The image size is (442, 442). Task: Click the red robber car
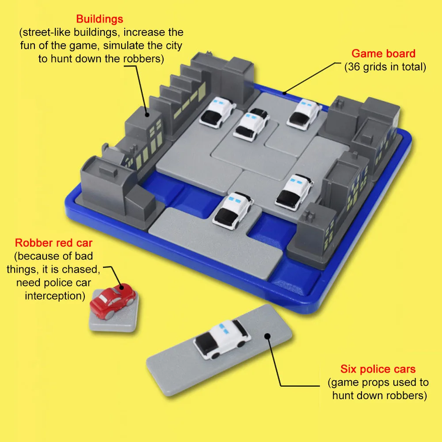(x=113, y=301)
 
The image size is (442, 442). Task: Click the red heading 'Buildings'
(x=99, y=19)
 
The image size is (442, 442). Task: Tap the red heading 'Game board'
(x=383, y=53)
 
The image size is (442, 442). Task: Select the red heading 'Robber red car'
(x=53, y=243)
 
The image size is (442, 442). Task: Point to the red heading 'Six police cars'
(x=378, y=369)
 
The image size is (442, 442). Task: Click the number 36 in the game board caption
(x=354, y=67)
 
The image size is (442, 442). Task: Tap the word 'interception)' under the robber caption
(x=55, y=296)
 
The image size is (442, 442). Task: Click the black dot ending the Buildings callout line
(x=147, y=115)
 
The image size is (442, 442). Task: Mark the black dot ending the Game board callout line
(x=285, y=93)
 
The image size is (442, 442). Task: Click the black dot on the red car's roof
(x=122, y=287)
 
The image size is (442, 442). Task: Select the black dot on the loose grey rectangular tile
(x=267, y=336)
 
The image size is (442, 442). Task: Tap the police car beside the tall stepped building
(x=217, y=112)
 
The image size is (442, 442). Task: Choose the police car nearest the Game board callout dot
(x=304, y=114)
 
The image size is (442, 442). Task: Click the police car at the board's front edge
(x=233, y=210)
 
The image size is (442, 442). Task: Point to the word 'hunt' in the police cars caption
(x=343, y=395)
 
